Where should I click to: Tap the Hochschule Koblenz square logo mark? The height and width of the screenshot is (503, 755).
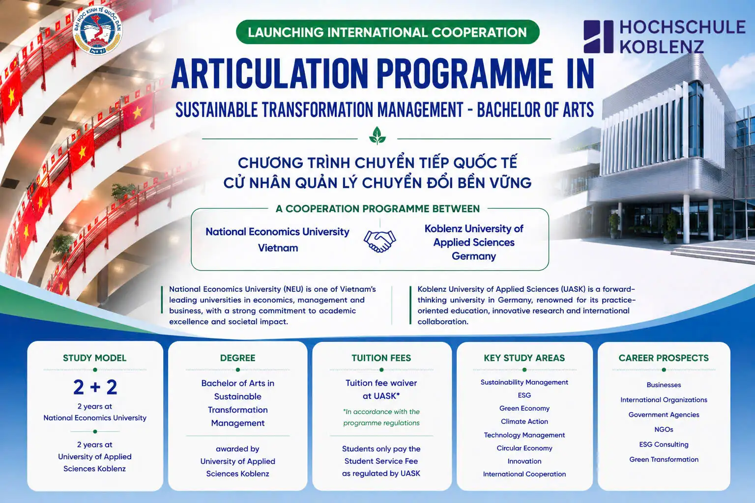pos(598,36)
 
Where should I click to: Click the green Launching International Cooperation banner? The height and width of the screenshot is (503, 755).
pos(388,32)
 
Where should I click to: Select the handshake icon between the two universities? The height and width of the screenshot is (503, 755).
pos(380,241)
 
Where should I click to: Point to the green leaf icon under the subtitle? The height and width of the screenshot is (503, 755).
pos(377,136)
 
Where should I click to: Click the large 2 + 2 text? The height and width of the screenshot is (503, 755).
pos(95,387)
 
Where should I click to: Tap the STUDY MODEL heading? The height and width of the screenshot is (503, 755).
pos(95,358)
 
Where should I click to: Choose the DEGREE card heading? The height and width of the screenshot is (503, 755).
pos(237,358)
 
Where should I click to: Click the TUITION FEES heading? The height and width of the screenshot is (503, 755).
pos(381,358)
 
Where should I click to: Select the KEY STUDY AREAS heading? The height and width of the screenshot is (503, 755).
pos(524,358)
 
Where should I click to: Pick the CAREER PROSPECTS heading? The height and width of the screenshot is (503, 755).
pos(664,358)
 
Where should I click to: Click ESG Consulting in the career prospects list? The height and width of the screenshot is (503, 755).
pos(664,445)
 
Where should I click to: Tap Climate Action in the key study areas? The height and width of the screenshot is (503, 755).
pos(524,421)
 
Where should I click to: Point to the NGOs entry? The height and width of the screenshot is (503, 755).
pos(664,429)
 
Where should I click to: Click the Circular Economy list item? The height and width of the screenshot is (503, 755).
pos(524,448)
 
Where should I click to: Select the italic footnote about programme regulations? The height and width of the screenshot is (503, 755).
pos(381,417)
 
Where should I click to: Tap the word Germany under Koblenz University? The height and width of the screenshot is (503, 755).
pos(473,256)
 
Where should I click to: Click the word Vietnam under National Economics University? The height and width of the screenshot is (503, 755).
pos(278,248)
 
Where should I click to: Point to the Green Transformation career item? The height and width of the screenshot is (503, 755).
pos(664,459)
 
